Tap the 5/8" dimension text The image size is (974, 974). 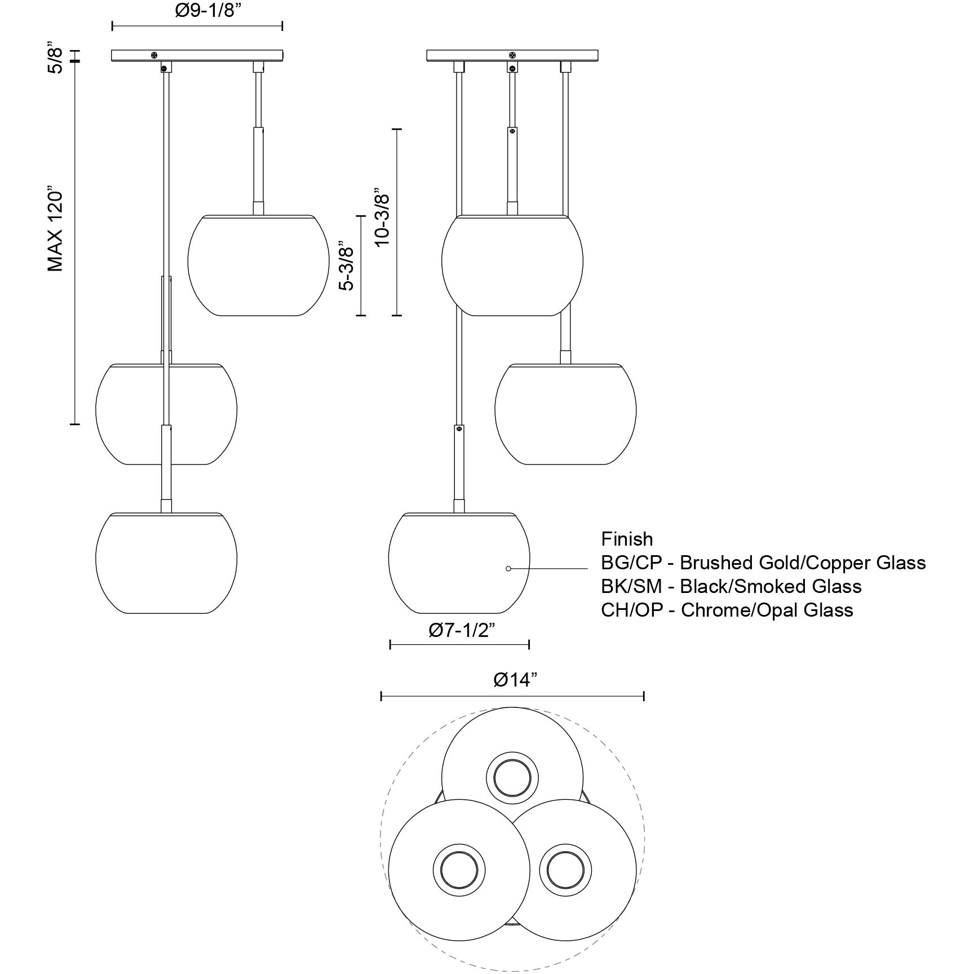point(54,56)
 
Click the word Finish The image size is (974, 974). point(627,539)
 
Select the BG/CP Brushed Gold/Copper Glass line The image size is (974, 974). point(763,563)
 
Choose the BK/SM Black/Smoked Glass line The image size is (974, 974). point(731,586)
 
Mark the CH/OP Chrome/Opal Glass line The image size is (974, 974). point(727,610)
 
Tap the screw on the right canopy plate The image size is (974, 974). point(512,55)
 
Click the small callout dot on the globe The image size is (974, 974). point(508,569)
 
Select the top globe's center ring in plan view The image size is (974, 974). point(512,778)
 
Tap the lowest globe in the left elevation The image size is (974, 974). point(166,563)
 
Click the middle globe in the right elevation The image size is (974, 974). point(565,414)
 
